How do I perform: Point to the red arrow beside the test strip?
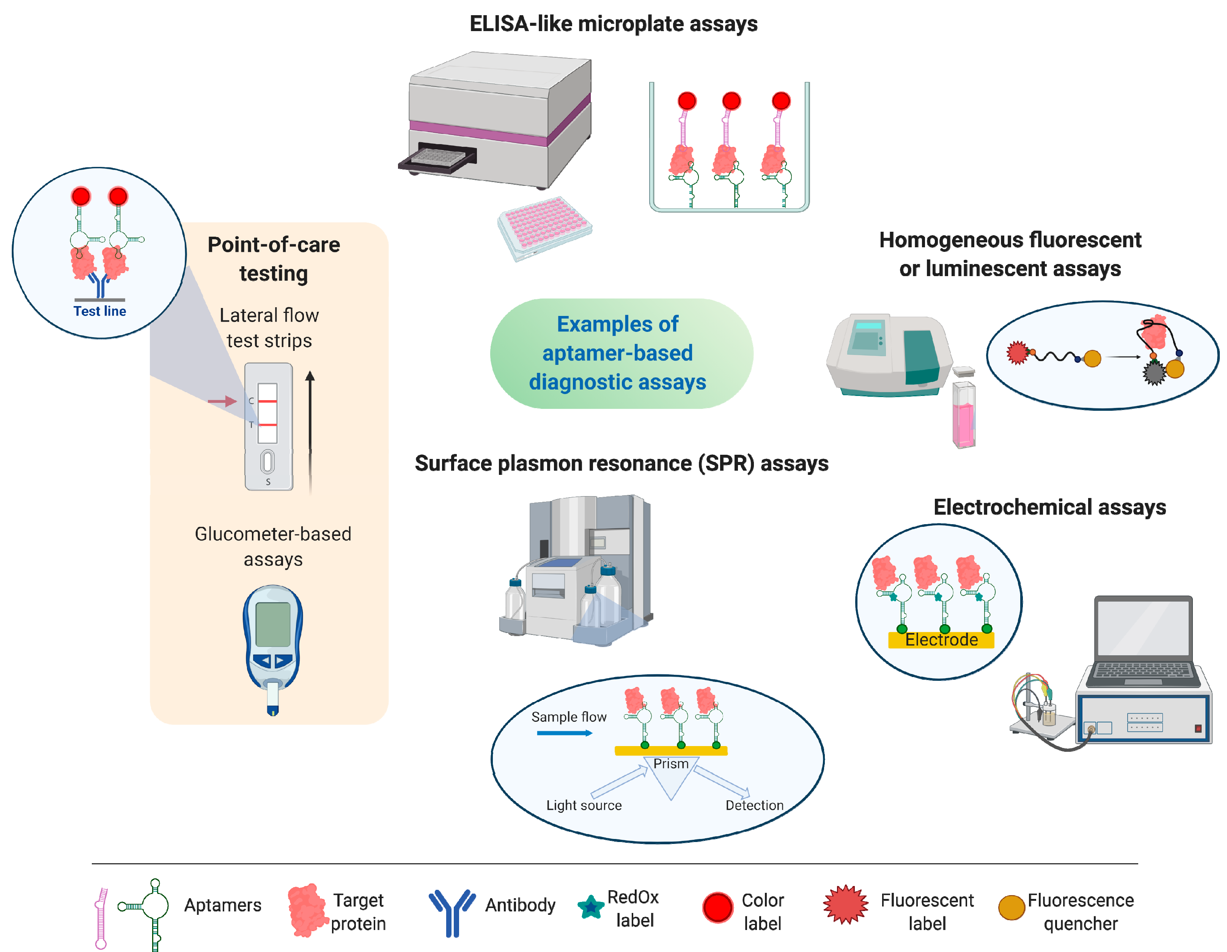coord(222,401)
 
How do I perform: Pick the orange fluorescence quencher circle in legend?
coord(1011,907)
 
